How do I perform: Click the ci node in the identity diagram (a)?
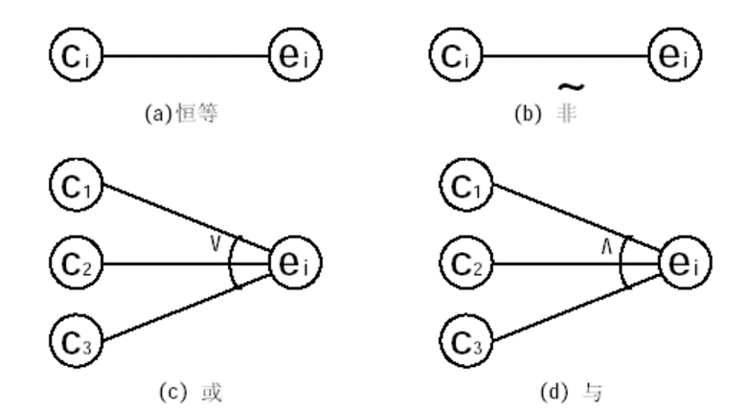coord(76,56)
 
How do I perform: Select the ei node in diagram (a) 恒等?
coord(295,56)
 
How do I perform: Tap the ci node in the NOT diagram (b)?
coord(456,56)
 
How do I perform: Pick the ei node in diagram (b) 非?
coord(675,56)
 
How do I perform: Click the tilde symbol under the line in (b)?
coord(571,87)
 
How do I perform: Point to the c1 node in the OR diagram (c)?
coord(76,185)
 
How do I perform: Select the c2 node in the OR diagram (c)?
coord(76,263)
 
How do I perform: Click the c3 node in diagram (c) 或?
coord(76,340)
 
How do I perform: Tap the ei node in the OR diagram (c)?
coord(295,263)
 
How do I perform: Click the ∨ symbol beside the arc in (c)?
coord(215,244)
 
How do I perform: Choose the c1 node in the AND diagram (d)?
coord(466,185)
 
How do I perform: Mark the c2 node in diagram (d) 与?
coord(466,263)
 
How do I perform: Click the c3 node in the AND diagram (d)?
coord(466,340)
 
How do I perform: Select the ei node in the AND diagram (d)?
coord(685,263)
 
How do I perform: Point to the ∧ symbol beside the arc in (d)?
coord(607,246)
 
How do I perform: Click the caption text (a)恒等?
coord(182,114)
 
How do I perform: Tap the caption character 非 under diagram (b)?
coord(566,114)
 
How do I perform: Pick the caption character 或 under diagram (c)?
coord(212,393)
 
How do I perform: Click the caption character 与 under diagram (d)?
coord(593,393)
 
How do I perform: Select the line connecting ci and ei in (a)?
coord(186,56)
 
